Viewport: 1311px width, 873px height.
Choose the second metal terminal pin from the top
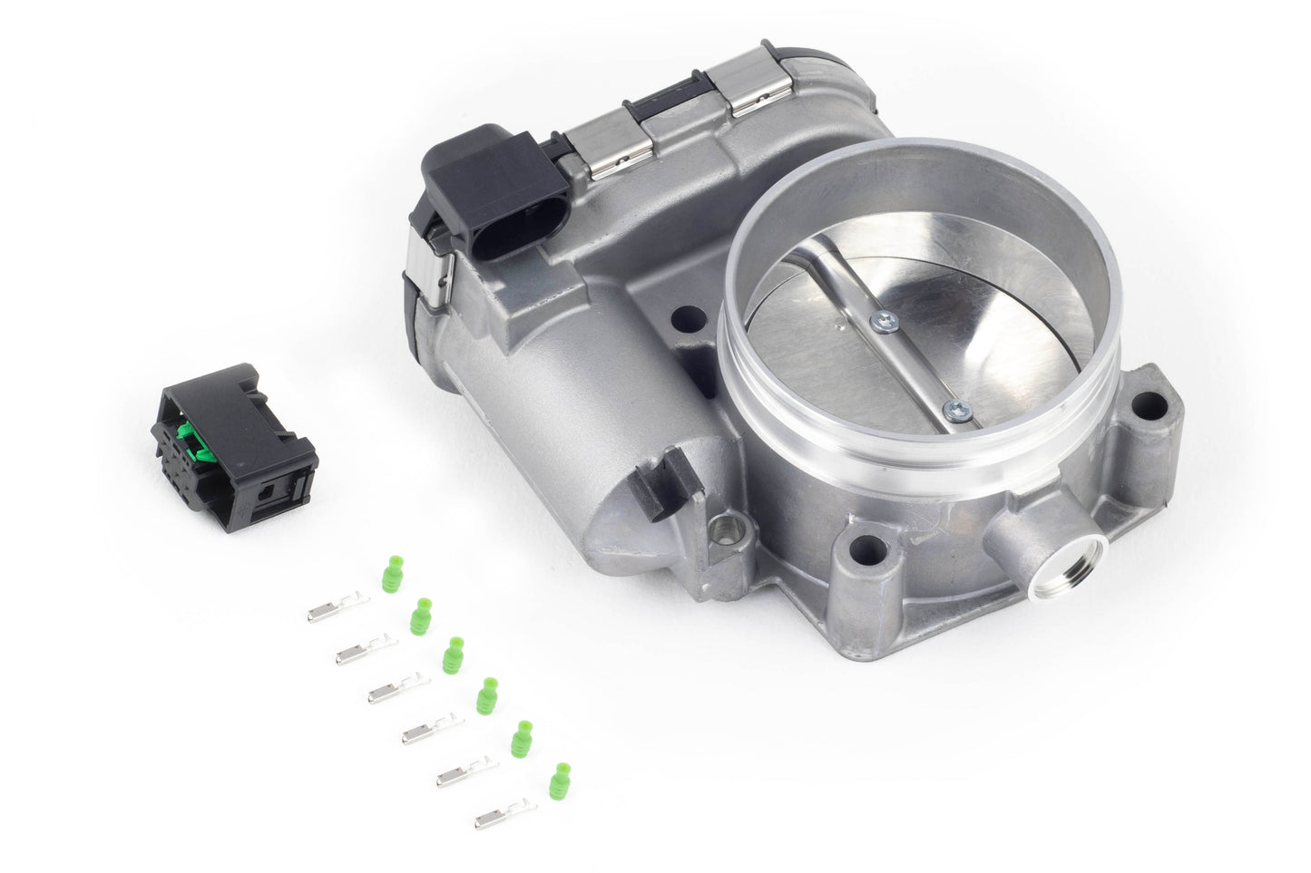(x=366, y=650)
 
